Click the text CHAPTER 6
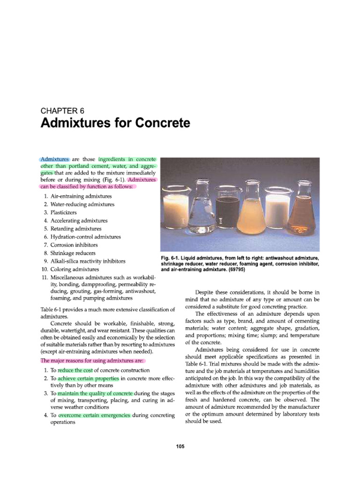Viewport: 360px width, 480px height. coord(62,111)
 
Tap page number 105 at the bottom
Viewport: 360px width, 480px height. coord(180,446)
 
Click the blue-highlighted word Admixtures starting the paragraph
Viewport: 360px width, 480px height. coord(55,160)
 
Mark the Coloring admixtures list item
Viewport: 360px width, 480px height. coord(74,270)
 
